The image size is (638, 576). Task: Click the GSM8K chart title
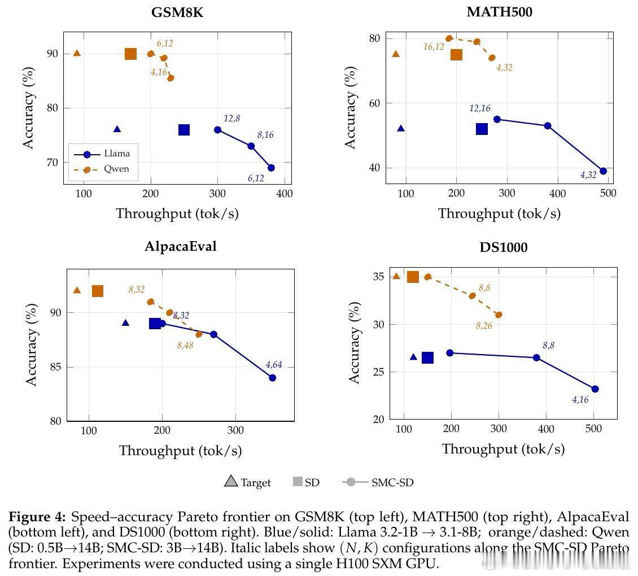click(177, 13)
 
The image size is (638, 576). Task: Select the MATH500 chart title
click(499, 12)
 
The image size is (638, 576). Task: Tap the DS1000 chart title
click(503, 247)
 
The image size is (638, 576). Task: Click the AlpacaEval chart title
click(180, 246)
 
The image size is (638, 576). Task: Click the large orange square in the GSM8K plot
click(130, 54)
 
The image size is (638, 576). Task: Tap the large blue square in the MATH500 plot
click(482, 129)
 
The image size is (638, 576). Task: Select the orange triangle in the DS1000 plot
click(396, 276)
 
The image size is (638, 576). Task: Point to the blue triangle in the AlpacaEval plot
click(125, 322)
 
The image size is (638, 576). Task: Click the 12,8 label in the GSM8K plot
click(231, 118)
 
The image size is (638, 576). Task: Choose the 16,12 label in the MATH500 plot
click(434, 47)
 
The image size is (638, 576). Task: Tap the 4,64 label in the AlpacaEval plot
click(273, 365)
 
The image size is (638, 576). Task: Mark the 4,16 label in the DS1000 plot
click(580, 400)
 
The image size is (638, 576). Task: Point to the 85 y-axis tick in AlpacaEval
click(55, 367)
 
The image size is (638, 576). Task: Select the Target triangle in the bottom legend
click(230, 482)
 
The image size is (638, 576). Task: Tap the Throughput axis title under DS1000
click(503, 449)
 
